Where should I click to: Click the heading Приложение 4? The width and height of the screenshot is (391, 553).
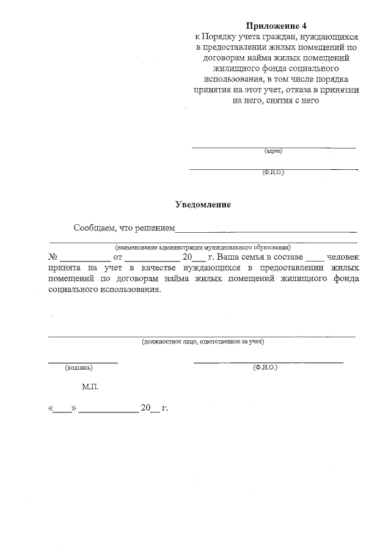pyautogui.click(x=275, y=26)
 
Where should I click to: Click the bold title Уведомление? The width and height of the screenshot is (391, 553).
pyautogui.click(x=203, y=205)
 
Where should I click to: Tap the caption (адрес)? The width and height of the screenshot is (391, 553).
pyautogui.click(x=273, y=150)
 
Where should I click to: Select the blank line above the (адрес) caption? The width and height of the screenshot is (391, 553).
pyautogui.click(x=273, y=147)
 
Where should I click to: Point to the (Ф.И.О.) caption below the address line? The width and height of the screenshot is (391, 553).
pyautogui.click(x=273, y=172)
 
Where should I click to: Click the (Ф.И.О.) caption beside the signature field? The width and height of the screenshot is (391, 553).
pyautogui.click(x=265, y=368)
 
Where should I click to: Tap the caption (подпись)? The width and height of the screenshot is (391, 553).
pyautogui.click(x=79, y=368)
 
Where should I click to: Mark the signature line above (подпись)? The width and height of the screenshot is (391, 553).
pyautogui.click(x=82, y=362)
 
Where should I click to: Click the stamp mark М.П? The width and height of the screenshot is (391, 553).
pyautogui.click(x=89, y=387)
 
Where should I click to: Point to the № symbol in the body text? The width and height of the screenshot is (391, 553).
pyautogui.click(x=53, y=257)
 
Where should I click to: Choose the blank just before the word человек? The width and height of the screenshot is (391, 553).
pyautogui.click(x=313, y=259)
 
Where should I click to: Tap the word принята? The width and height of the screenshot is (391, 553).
pyautogui.click(x=66, y=268)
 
